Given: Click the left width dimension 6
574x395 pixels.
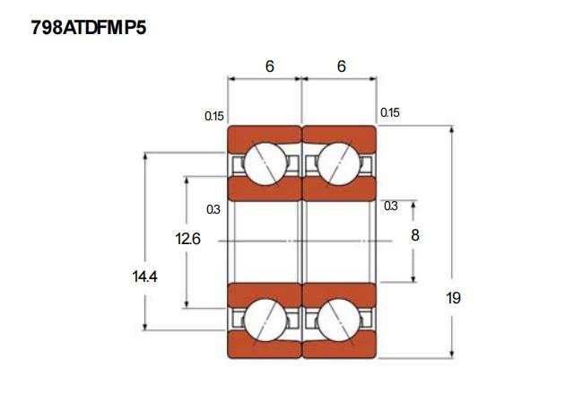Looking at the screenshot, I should (269, 66).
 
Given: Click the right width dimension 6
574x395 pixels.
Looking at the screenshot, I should (342, 66).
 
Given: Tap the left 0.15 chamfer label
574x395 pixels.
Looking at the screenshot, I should (213, 115).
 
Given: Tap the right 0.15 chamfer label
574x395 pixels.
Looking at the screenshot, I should (390, 113).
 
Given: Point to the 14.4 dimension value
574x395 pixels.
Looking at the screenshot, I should (144, 276).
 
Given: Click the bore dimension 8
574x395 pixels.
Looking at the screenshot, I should (414, 235).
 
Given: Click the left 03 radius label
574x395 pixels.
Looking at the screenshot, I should (213, 209).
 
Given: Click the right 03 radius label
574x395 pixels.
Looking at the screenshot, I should (391, 206).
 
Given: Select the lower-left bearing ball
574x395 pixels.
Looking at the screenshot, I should (265, 318).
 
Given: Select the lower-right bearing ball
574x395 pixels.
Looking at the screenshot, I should (339, 318).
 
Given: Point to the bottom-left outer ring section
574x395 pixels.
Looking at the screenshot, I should (264, 347).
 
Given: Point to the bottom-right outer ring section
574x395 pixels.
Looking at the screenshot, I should (339, 347).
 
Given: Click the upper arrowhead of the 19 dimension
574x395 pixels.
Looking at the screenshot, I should (452, 131).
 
